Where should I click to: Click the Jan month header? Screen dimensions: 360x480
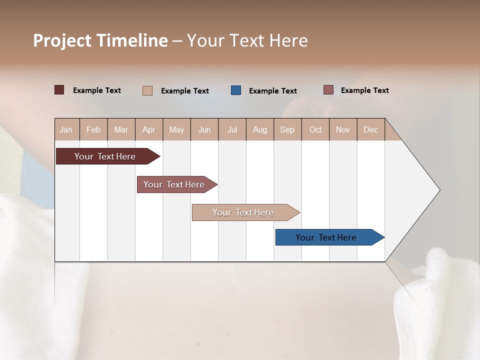(x=66, y=129)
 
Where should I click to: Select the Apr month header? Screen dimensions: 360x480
(x=148, y=129)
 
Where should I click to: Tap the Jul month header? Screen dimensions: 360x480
(x=232, y=129)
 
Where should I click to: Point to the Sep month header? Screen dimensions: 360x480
(x=287, y=129)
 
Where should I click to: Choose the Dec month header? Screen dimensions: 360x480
(x=370, y=129)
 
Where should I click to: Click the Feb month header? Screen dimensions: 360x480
(x=93, y=129)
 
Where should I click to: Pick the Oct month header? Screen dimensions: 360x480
(x=315, y=129)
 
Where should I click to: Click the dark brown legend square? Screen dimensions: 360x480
(x=59, y=90)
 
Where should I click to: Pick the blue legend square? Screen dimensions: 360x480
(x=236, y=90)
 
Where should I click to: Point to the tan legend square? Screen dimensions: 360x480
(x=147, y=90)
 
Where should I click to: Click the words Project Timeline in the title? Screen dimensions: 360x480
(x=100, y=40)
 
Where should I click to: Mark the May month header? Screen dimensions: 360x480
(x=176, y=129)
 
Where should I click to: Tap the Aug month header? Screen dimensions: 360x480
(x=259, y=129)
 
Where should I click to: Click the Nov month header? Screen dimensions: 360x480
(x=342, y=129)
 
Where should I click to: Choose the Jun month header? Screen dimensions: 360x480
(x=204, y=129)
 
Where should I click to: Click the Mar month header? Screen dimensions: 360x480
(x=121, y=129)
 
